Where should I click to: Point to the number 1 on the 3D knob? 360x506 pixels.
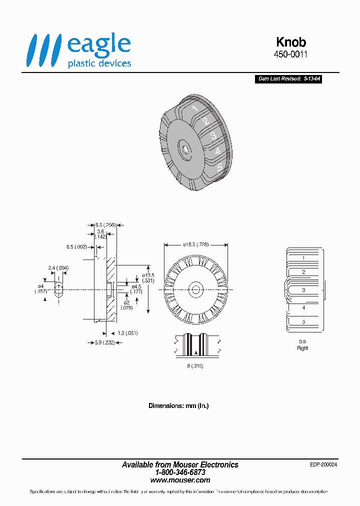195,108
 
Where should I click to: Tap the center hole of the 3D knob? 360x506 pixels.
185,149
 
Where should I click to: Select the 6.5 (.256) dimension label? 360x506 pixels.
105,225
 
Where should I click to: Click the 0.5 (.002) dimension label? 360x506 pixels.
76,246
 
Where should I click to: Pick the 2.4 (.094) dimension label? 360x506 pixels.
58,268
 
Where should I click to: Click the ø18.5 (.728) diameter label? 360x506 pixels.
196,244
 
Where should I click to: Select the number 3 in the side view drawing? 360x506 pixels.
303,290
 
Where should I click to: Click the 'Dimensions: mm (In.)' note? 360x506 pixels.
178,405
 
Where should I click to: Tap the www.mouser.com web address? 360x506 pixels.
180,479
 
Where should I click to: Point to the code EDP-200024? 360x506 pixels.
323,464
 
